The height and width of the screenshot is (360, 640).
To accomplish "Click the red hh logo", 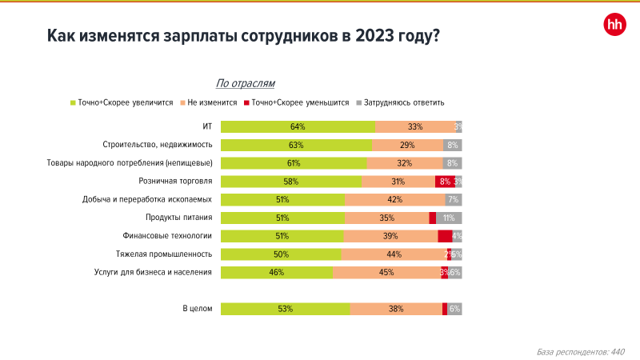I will click(614, 26).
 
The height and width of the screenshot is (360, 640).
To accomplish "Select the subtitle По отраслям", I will click(246, 83).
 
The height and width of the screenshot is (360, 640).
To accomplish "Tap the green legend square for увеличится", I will click(73, 102).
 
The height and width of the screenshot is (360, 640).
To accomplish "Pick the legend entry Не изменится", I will click(213, 102).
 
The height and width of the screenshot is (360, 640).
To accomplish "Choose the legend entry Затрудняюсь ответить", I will click(404, 102).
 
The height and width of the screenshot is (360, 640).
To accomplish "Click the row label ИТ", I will click(206, 126).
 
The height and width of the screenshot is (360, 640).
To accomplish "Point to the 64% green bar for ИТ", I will click(298, 126).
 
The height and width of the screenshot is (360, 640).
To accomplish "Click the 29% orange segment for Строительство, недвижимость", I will click(408, 145).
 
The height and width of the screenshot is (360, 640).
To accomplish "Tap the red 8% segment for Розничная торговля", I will click(445, 182).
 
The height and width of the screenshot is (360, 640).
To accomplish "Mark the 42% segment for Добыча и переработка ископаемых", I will click(395, 200).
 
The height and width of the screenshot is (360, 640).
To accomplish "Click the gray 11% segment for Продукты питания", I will click(449, 218).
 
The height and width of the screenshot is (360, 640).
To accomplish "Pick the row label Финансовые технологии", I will click(167, 236).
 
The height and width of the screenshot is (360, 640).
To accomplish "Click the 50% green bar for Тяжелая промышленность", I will click(281, 254).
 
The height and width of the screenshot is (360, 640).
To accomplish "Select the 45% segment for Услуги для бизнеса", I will click(386, 273).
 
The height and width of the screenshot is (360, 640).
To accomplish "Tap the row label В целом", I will click(198, 309).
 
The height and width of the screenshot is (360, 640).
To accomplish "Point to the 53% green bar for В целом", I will click(285, 309).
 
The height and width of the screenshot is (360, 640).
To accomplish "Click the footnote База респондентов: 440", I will click(580, 351).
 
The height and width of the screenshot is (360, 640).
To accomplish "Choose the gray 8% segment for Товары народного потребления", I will click(452, 163).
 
